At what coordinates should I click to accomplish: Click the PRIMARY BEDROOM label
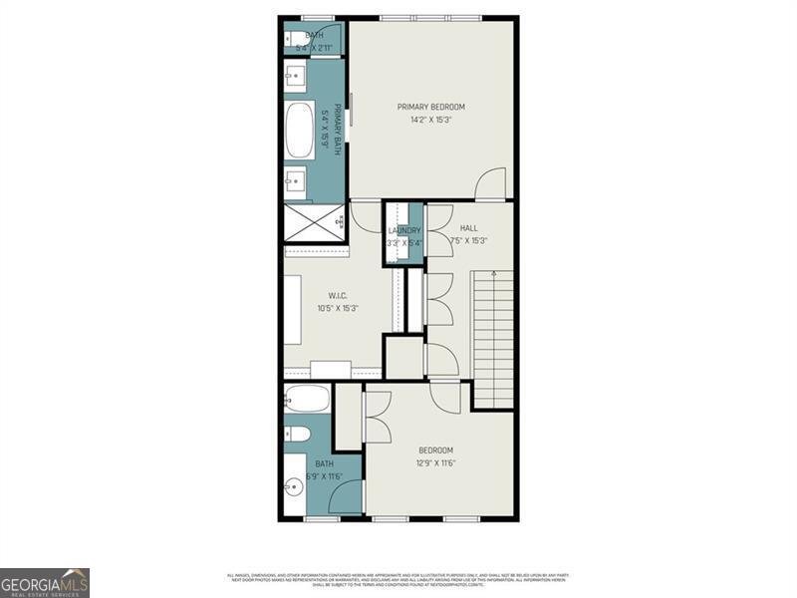430,107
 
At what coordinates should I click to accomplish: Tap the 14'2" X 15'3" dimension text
430,121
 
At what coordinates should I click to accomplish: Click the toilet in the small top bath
299,40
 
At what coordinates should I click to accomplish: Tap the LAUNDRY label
404,230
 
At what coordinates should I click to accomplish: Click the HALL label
468,228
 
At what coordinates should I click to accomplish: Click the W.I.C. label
337,295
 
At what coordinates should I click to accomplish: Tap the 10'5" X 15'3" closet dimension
337,308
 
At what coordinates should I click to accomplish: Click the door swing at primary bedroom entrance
490,184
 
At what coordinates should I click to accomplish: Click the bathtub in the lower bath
306,400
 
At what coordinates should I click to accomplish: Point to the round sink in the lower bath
294,488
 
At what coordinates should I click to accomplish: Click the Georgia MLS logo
45,582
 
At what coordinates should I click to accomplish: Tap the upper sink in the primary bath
295,74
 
